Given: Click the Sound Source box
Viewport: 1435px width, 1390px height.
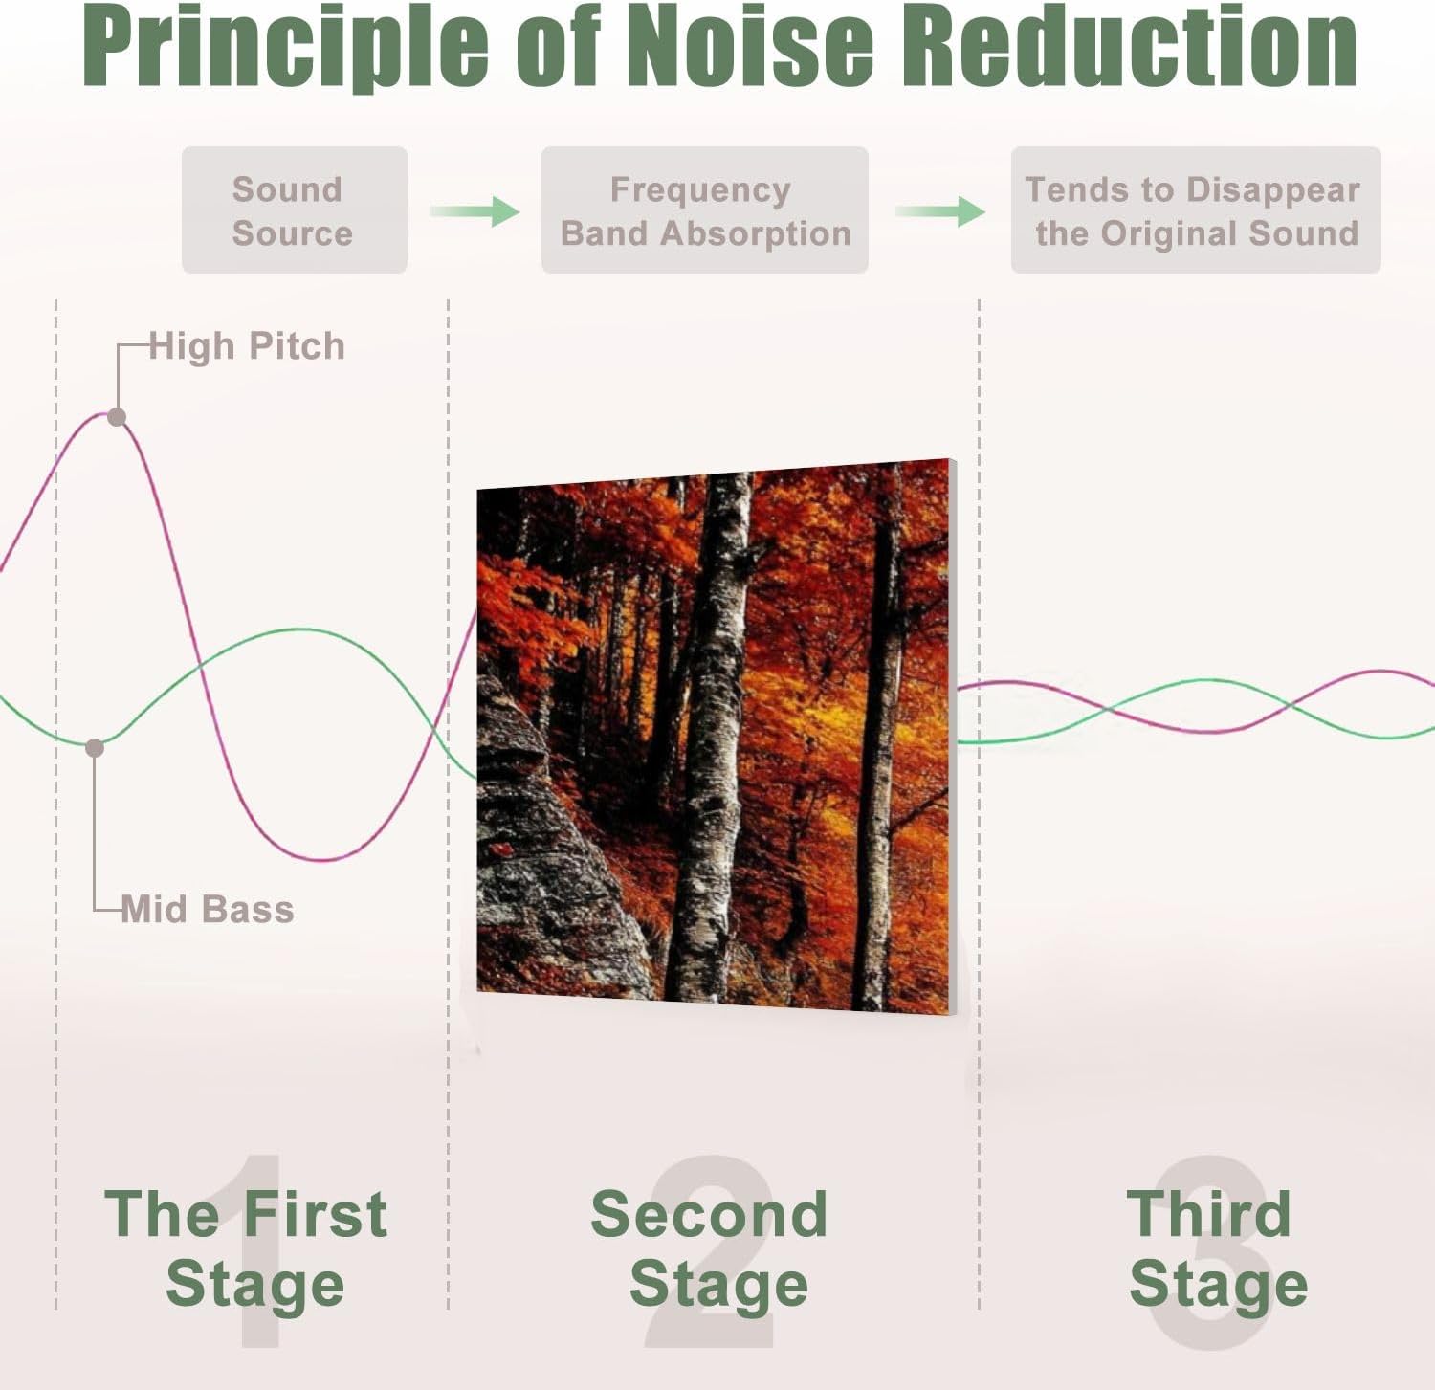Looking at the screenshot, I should (294, 210).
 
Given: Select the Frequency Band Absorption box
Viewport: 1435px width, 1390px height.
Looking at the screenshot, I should (704, 210).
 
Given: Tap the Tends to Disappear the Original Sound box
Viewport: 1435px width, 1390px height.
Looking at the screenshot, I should (1195, 210).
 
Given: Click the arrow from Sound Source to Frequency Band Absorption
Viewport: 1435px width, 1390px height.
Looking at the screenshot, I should (475, 210).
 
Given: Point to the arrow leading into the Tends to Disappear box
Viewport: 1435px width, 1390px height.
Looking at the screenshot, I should (940, 210).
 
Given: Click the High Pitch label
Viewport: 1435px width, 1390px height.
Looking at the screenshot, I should (247, 346).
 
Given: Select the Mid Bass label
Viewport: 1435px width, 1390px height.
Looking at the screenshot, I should (208, 909).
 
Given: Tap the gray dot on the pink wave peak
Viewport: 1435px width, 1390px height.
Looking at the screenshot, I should (117, 417).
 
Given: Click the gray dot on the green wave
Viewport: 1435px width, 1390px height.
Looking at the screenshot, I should (94, 748).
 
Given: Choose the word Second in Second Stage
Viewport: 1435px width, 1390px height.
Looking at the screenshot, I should (709, 1215).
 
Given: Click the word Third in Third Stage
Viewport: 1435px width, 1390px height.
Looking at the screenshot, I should (1209, 1215).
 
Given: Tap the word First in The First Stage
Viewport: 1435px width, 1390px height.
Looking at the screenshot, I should (315, 1215).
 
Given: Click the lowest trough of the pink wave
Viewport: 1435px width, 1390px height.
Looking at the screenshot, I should (325, 858).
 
